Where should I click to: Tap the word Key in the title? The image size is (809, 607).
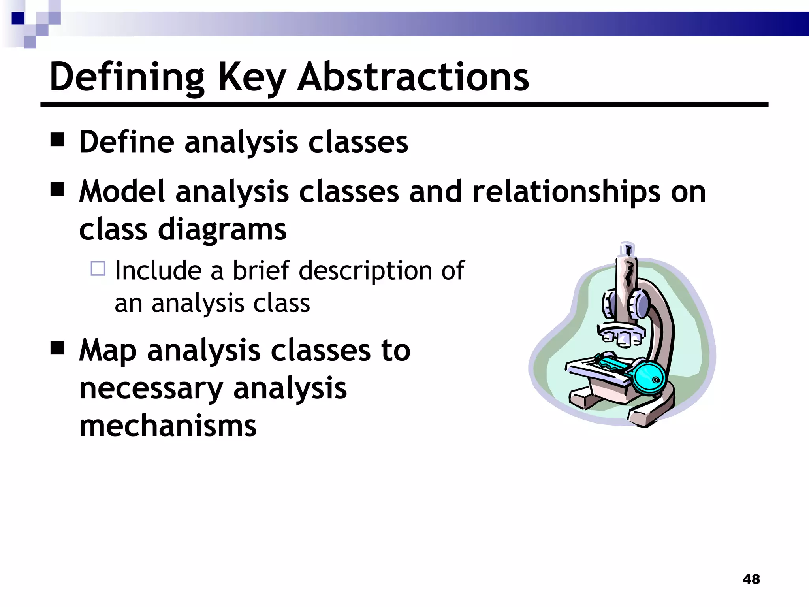(x=252, y=77)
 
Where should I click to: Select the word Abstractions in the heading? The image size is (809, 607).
(x=413, y=77)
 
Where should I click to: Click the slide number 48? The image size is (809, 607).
(x=751, y=579)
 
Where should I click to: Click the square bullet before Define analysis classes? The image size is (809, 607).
(x=58, y=140)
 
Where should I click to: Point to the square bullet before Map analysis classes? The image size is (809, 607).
(x=58, y=348)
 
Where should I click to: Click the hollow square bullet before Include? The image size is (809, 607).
(x=98, y=269)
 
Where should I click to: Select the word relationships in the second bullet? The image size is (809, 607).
(x=566, y=192)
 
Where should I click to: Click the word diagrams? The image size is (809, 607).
(x=222, y=230)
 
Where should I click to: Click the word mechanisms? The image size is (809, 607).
(x=168, y=426)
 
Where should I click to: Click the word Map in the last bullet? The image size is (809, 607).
(x=108, y=351)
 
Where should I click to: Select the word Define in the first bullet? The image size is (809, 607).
(x=127, y=142)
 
